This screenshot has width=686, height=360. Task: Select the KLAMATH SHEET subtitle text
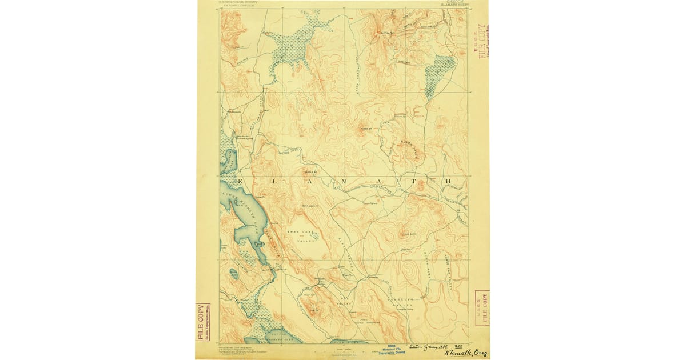tap(456, 6)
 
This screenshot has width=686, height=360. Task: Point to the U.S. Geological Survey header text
tap(236, 3)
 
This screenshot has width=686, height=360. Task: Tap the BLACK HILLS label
tap(410, 142)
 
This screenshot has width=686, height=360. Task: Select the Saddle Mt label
tap(310, 171)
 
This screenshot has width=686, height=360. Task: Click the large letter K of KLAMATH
tap(240, 182)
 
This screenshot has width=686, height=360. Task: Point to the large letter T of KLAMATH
tap(420, 182)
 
